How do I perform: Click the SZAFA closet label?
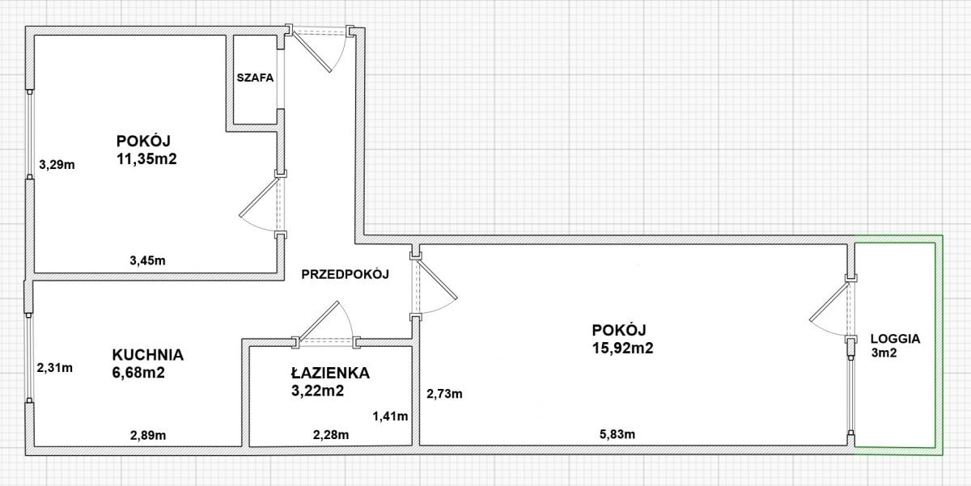click(256, 79)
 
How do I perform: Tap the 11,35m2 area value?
click(146, 159)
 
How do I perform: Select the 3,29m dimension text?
click(57, 166)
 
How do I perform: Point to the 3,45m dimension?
click(147, 260)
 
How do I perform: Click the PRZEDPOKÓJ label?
click(346, 274)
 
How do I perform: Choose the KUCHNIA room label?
click(148, 354)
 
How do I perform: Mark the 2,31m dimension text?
click(55, 368)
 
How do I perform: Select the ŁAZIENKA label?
click(330, 373)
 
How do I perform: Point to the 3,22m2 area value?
click(318, 391)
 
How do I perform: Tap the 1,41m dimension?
click(390, 416)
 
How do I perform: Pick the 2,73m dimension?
click(445, 394)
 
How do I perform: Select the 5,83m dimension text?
click(617, 434)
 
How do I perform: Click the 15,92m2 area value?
click(622, 349)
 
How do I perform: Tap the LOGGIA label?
click(896, 339)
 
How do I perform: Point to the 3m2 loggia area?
click(883, 354)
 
